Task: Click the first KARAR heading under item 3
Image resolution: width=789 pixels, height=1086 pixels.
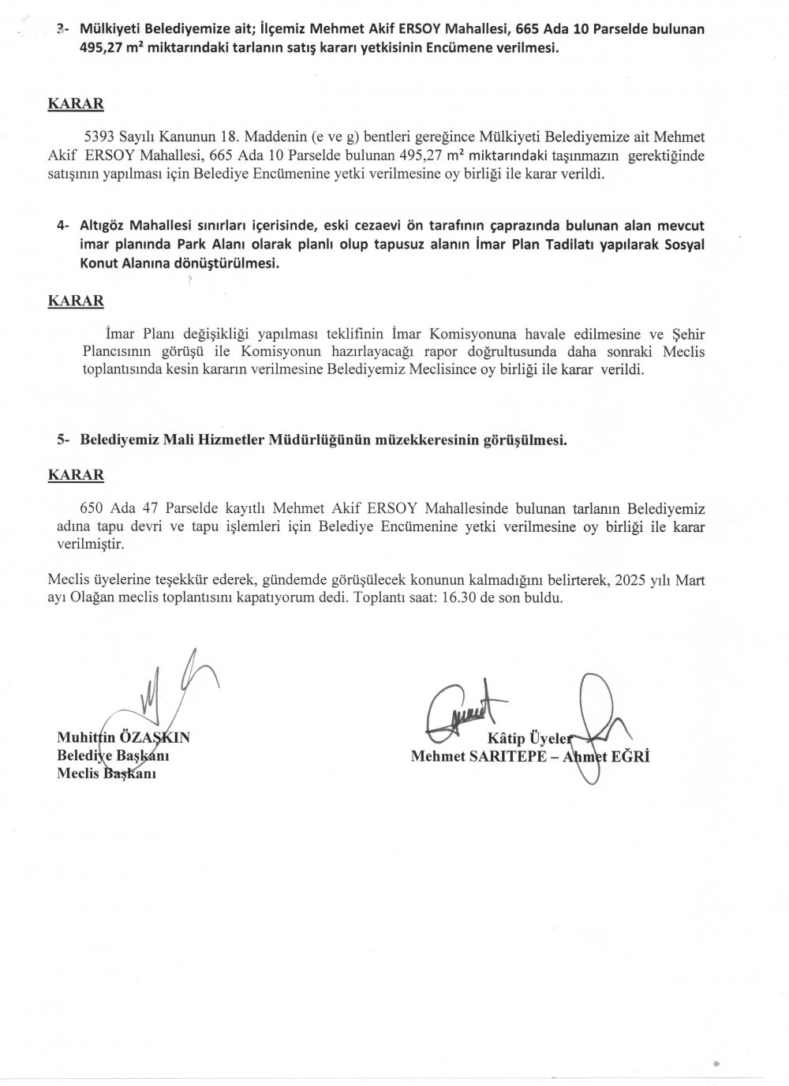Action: [x=76, y=103]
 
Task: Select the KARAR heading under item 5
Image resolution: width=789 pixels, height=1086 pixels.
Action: [x=76, y=475]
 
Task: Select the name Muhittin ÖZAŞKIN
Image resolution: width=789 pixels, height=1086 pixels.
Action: [x=124, y=738]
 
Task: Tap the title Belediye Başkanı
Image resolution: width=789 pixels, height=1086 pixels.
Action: [x=114, y=755]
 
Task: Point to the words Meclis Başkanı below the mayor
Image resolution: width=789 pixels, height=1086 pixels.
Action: [x=108, y=773]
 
